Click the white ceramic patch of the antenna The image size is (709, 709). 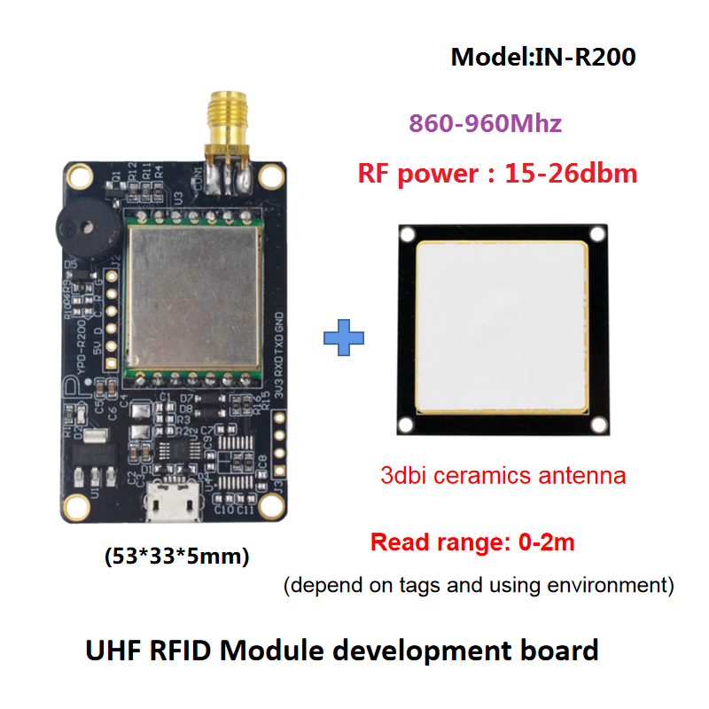(503, 328)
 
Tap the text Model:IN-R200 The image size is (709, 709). (543, 58)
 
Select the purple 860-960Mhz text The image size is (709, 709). (485, 123)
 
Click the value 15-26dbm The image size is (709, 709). (571, 173)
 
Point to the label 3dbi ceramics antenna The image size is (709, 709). (503, 475)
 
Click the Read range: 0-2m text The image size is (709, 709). (472, 541)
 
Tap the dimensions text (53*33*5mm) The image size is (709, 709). (177, 557)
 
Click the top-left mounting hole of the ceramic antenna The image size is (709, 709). (408, 235)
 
